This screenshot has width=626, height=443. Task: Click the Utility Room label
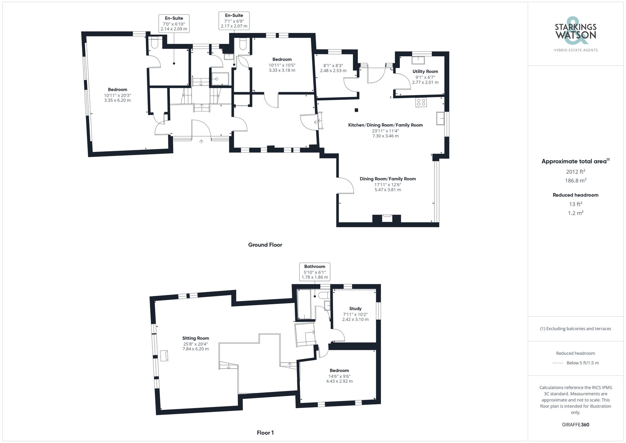click(x=425, y=71)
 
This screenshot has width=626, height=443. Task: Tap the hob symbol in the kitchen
click(x=421, y=102)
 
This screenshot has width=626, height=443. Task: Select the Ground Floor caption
click(x=265, y=245)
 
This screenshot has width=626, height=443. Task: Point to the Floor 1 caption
click(x=265, y=433)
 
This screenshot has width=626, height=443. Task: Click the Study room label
click(x=355, y=308)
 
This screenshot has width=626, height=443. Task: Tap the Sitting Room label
click(x=196, y=338)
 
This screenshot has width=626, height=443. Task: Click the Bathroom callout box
click(x=315, y=272)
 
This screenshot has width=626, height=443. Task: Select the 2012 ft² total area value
click(x=575, y=172)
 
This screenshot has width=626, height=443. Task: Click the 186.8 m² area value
click(x=575, y=181)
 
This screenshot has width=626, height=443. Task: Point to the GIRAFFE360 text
click(x=575, y=425)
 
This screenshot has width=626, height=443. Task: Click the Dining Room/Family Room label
click(x=387, y=179)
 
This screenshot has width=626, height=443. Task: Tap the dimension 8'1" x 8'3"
click(x=333, y=66)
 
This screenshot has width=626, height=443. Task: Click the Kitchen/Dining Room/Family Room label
click(x=385, y=125)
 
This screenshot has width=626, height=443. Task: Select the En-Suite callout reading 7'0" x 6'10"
click(x=174, y=23)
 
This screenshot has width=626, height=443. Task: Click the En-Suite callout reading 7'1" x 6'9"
click(x=234, y=21)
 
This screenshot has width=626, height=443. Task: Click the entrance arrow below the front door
click(x=201, y=142)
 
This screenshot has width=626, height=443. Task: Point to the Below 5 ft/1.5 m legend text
click(x=582, y=363)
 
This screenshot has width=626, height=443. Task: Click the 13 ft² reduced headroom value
click(x=575, y=204)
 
